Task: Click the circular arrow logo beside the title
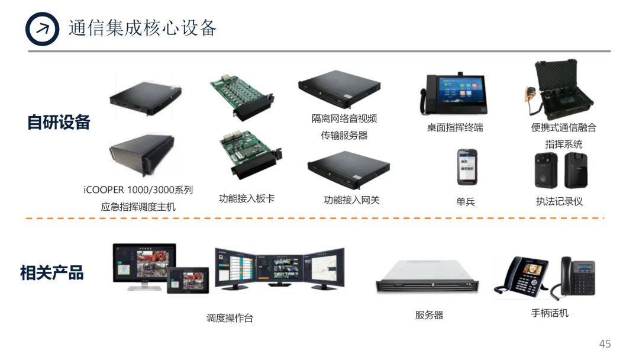point(43,28)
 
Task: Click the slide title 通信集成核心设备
point(143,28)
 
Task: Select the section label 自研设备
point(59,122)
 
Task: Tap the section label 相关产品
point(52,273)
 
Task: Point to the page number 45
point(605,344)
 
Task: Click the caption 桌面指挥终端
point(455,127)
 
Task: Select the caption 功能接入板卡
point(247,199)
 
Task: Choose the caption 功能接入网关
point(351,200)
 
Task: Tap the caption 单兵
point(466,202)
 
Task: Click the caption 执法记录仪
point(559,201)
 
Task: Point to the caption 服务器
point(429,316)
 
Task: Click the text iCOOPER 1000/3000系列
point(138,190)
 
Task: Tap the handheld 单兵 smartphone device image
point(465,166)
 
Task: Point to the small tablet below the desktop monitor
point(188,280)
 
